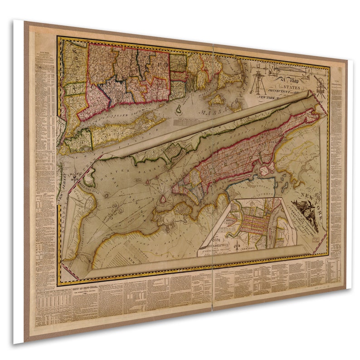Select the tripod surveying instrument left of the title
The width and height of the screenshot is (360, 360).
click(258, 82)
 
